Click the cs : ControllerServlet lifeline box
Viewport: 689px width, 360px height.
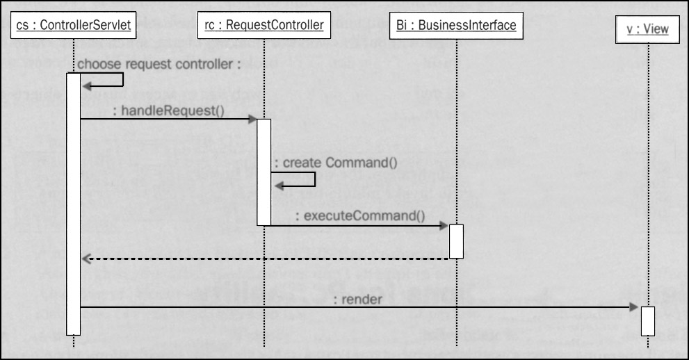(73, 26)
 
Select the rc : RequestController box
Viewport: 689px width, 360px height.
(264, 26)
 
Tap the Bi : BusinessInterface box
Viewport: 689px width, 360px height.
(456, 26)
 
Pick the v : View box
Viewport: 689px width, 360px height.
(647, 29)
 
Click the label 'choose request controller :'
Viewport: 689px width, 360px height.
(159, 65)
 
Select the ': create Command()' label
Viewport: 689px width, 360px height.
(336, 163)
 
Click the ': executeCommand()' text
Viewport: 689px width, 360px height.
(360, 215)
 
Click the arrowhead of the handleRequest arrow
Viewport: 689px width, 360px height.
(253, 120)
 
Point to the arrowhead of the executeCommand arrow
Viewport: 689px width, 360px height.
(445, 225)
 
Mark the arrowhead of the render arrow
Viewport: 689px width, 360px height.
(635, 307)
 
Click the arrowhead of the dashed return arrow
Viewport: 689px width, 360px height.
(86, 259)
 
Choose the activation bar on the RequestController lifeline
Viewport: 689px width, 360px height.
(264, 172)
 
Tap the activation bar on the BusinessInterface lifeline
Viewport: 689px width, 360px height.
(456, 240)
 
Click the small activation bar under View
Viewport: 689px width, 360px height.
(647, 320)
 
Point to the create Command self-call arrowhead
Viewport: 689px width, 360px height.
(278, 186)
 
